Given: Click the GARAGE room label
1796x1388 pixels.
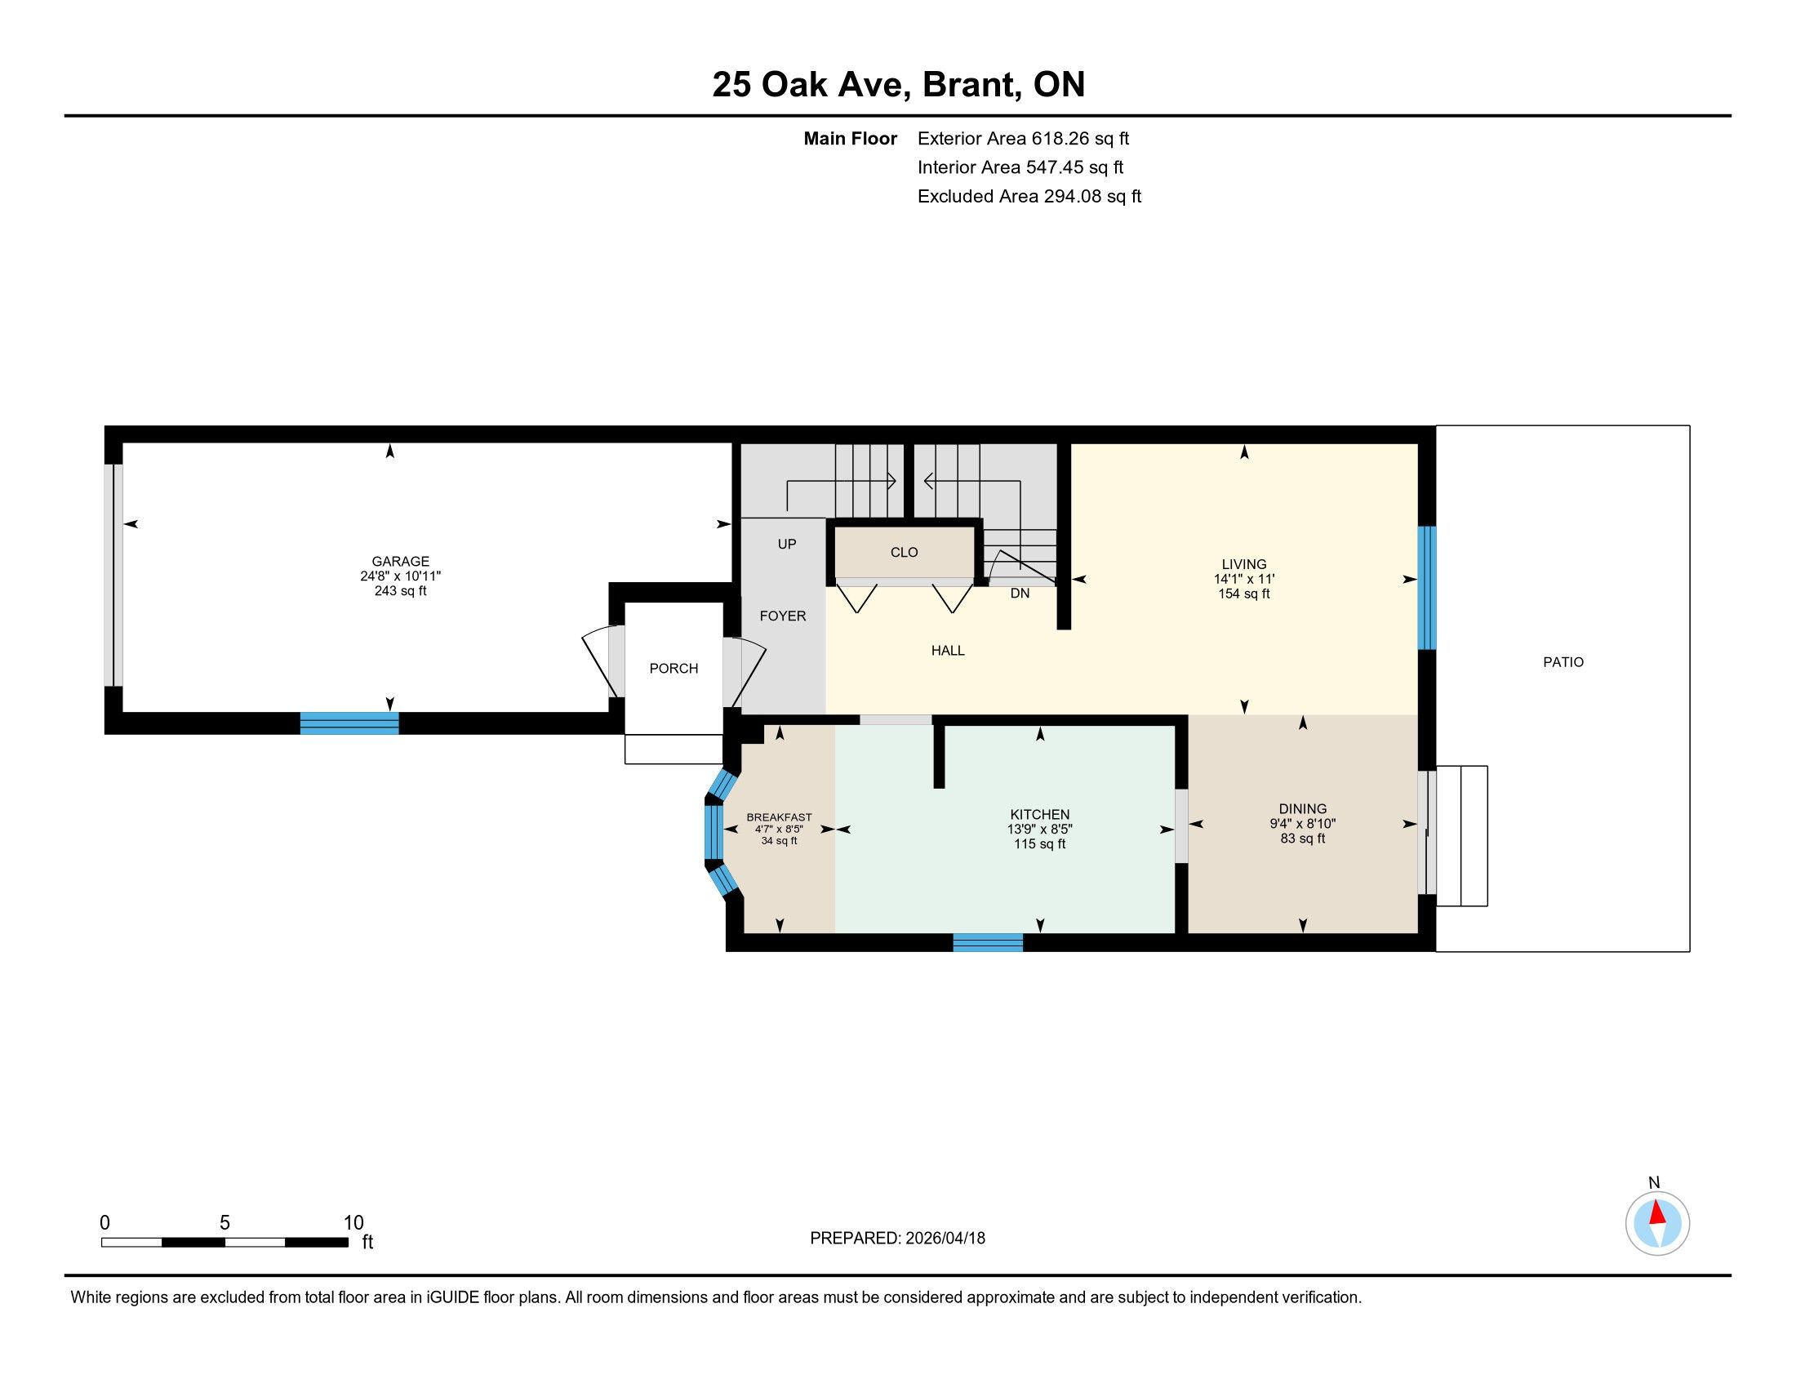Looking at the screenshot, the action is point(401,562).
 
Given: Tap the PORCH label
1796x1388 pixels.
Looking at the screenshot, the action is point(673,669).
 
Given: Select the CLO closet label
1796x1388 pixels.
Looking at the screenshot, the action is point(904,553).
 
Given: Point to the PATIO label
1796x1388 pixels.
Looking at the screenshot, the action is point(1563,662).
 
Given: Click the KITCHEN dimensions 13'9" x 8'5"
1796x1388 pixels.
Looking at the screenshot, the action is point(1040,830).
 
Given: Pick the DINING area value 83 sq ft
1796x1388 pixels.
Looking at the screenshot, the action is point(1303,839).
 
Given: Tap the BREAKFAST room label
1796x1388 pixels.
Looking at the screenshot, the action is point(779,817).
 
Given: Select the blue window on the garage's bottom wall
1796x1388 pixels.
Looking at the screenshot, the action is point(349,723).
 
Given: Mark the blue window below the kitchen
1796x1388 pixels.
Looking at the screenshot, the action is point(988,942).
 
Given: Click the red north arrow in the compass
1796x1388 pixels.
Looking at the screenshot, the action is point(1657,1212).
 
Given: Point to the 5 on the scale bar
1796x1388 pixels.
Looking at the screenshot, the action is point(224,1223).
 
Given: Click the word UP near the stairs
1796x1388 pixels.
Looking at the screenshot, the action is point(787,545).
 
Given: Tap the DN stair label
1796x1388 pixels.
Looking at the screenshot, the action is point(1020,594).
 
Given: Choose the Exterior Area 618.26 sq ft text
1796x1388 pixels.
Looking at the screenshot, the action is point(1023,139).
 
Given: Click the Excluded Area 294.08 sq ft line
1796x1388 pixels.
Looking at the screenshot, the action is point(1029,197).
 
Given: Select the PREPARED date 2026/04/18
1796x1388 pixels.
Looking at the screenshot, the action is point(944,1239).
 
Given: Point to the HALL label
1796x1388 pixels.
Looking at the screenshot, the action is point(948,651).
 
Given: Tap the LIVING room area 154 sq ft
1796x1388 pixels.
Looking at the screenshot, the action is point(1244,594).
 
